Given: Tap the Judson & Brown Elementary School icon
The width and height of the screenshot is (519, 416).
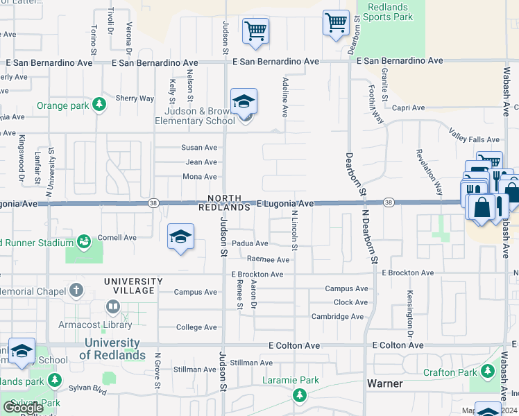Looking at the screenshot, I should point(244,103).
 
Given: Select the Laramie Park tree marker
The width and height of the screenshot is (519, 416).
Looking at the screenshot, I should point(300,396).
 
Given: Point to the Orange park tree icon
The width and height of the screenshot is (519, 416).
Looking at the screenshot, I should point(99,105).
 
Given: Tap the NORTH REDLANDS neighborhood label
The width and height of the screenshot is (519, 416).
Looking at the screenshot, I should point(223,202).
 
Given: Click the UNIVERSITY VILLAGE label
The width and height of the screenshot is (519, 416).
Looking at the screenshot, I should point(133,286).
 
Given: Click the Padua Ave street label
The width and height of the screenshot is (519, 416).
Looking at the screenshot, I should point(250,243).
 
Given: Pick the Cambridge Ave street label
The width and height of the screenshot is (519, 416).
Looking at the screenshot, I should point(338,317).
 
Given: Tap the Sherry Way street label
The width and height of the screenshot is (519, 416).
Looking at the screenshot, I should point(135,98).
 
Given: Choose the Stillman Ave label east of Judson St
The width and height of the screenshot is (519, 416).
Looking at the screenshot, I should point(251,363).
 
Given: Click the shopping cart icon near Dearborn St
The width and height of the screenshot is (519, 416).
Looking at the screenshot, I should point(336,22).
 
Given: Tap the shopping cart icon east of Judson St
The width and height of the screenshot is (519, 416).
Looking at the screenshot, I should point(255,31).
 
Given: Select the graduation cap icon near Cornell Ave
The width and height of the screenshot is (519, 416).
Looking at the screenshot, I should point(180,238).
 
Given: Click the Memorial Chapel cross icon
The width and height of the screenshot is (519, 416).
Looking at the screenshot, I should point(76,289).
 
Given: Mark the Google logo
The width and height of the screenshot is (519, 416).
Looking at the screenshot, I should point(23,408).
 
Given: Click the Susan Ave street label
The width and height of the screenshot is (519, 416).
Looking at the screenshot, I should point(199,148).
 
